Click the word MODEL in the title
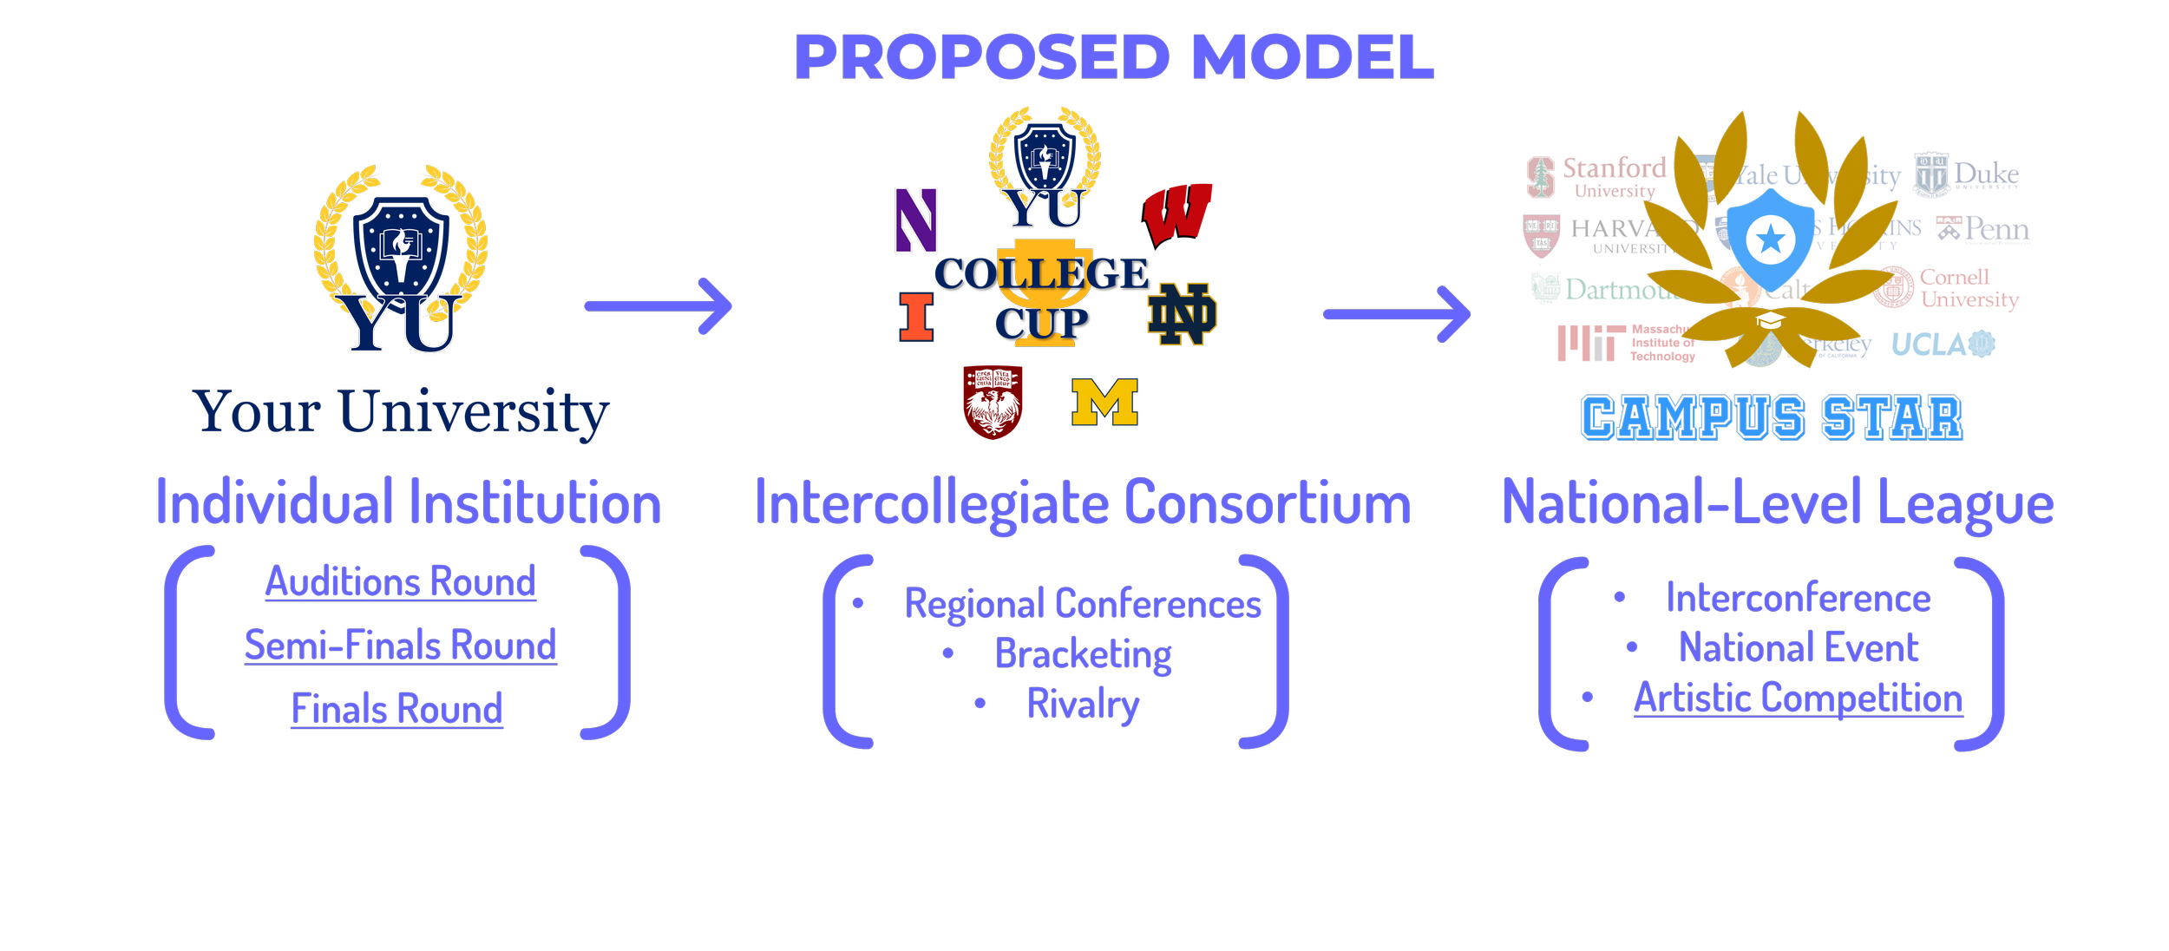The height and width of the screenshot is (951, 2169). coord(1313,57)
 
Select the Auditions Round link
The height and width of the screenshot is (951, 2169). coord(400,581)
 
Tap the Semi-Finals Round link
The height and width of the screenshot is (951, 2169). coord(400,646)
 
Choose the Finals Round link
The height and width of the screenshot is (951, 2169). coord(397,709)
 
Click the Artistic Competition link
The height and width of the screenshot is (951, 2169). coord(1798,698)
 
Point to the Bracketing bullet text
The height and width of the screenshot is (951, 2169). coord(1083,654)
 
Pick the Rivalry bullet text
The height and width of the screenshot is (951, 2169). coord(1083,704)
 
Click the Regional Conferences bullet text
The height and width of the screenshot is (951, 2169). coord(1083,604)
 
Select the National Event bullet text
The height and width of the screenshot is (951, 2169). coord(1799,647)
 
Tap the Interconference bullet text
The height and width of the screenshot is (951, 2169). coord(1799,598)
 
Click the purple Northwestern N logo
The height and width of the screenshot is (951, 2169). coord(916,220)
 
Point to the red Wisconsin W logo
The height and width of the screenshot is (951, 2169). coord(1177,213)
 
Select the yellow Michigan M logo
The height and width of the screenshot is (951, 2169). coord(1104,402)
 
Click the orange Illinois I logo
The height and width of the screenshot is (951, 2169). coord(916,317)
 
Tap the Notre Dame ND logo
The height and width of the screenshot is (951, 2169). coord(1182,314)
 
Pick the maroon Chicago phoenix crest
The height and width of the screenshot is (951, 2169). coord(993,402)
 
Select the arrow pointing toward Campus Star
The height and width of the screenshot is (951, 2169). coord(1396,314)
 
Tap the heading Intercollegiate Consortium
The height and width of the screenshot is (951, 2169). coord(1083,503)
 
